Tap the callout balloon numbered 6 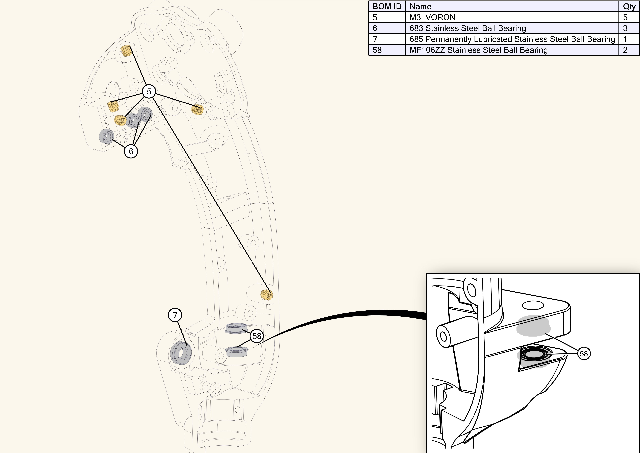pyautogui.click(x=131, y=151)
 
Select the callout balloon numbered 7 pyautogui.click(x=175, y=315)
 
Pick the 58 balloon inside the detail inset pyautogui.click(x=584, y=354)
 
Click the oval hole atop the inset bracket pyautogui.click(x=533, y=305)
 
